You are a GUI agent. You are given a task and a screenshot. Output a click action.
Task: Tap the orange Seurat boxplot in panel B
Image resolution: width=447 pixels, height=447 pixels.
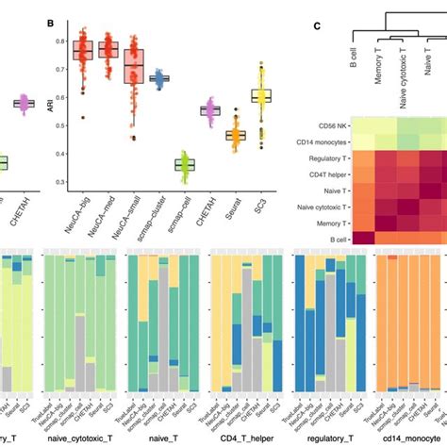point(236,135)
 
